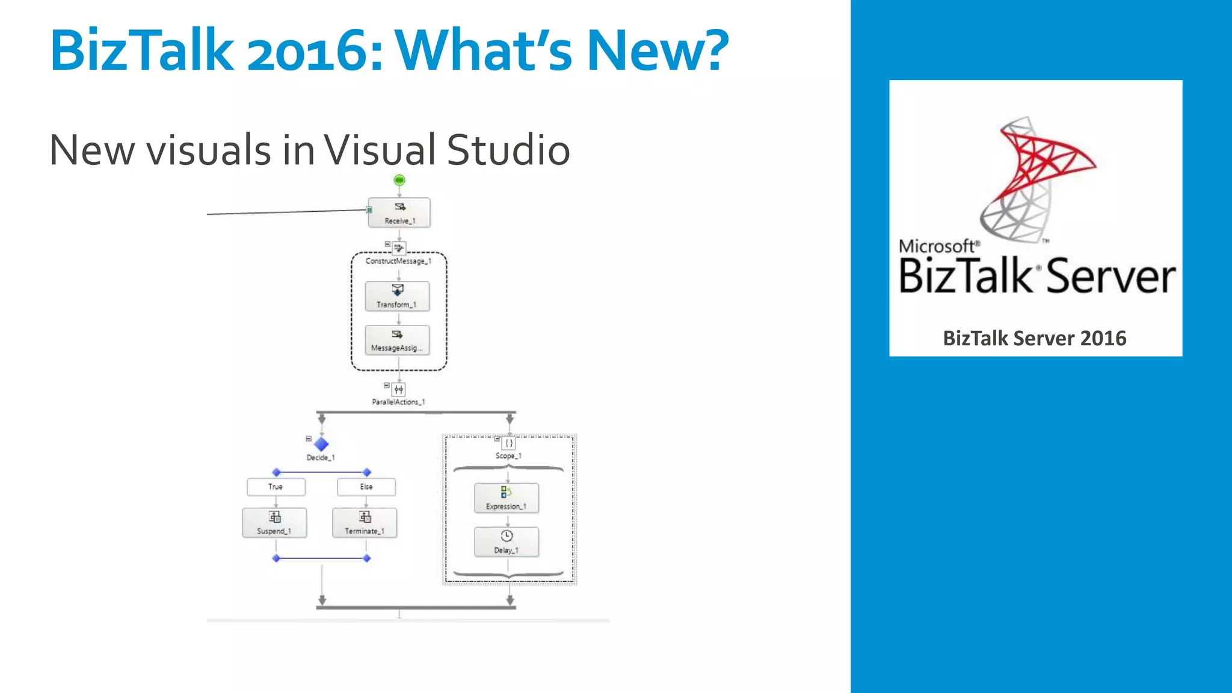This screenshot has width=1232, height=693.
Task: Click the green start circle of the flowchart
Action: tap(399, 180)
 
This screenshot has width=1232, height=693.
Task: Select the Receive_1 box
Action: tap(399, 213)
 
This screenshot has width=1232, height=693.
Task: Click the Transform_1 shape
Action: tap(397, 297)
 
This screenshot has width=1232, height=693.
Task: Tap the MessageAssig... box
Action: tap(397, 340)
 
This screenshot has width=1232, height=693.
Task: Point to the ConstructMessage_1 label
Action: tap(398, 261)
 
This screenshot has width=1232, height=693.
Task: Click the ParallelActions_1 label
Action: tap(398, 402)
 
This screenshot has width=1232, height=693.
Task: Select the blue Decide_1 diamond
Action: tap(321, 444)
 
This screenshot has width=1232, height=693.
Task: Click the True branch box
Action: tap(276, 487)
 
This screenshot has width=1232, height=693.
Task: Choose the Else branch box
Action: tap(366, 487)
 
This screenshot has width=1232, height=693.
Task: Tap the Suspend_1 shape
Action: tap(274, 523)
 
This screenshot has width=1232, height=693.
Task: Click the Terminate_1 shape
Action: tap(365, 523)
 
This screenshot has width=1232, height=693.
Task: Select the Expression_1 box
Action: tap(507, 498)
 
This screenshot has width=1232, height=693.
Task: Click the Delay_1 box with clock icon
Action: tap(507, 542)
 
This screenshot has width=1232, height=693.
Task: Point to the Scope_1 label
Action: tap(508, 456)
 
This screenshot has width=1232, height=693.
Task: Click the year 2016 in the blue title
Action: tap(315, 51)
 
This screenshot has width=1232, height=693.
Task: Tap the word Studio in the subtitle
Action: tap(508, 150)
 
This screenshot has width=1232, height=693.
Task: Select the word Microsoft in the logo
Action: tap(936, 246)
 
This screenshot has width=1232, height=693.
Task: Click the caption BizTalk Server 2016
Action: tap(1034, 338)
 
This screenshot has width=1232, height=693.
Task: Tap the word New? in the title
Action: tap(657, 51)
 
